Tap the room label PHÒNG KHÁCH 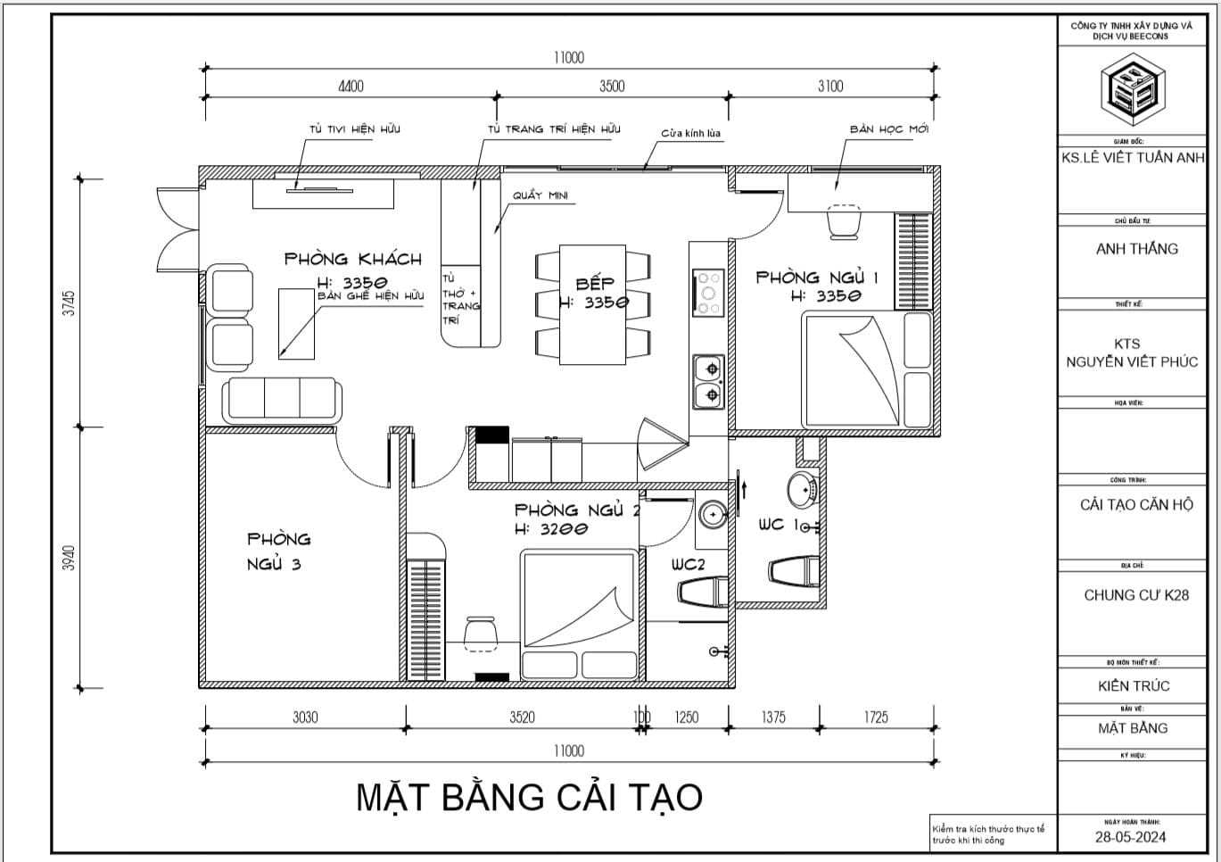tap(352, 259)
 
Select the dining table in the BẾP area tap(593, 304)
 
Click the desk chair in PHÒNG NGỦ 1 tap(844, 222)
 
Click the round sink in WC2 tap(713, 514)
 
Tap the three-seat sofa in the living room tap(282, 399)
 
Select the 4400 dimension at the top tap(351, 87)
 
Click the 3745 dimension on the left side tap(70, 303)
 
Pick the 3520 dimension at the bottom tap(522, 717)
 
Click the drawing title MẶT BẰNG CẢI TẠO tap(529, 797)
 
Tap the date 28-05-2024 tap(1131, 837)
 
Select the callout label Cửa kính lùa tap(690, 134)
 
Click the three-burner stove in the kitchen tap(709, 293)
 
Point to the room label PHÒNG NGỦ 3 tap(278, 551)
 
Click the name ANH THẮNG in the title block tap(1136, 249)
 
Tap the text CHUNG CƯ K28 tap(1135, 595)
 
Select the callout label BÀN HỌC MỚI tap(888, 129)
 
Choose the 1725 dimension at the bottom tap(875, 717)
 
